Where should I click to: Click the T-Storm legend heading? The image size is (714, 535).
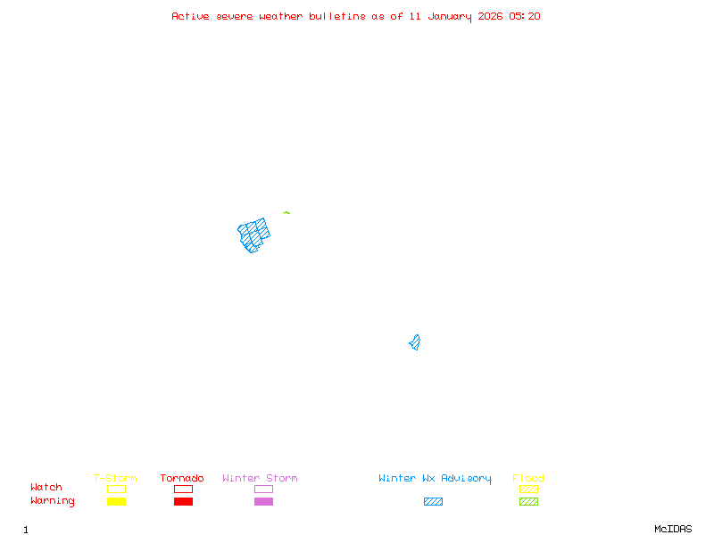(x=115, y=478)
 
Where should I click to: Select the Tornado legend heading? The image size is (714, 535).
(x=182, y=478)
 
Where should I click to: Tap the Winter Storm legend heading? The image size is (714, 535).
(x=260, y=478)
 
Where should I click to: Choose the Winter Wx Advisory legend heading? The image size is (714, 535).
(x=435, y=478)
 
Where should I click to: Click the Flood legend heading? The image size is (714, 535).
(x=527, y=478)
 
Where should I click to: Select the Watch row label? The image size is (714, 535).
(x=46, y=488)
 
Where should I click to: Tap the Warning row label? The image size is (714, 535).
(x=52, y=501)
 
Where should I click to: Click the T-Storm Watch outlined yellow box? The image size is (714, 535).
(x=116, y=489)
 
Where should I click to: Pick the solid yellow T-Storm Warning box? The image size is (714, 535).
(x=116, y=501)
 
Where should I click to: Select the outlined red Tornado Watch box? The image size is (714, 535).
(x=183, y=489)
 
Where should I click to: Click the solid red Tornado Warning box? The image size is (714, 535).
(x=183, y=501)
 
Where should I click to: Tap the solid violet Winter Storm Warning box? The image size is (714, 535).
(x=263, y=501)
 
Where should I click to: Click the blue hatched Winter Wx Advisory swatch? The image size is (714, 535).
(x=433, y=501)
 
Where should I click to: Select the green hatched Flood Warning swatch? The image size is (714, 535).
(x=528, y=501)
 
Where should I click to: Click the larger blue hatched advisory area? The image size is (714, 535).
(x=253, y=235)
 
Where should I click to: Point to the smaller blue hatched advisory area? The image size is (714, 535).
(x=415, y=342)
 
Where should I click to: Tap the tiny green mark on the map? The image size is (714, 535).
(x=286, y=212)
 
